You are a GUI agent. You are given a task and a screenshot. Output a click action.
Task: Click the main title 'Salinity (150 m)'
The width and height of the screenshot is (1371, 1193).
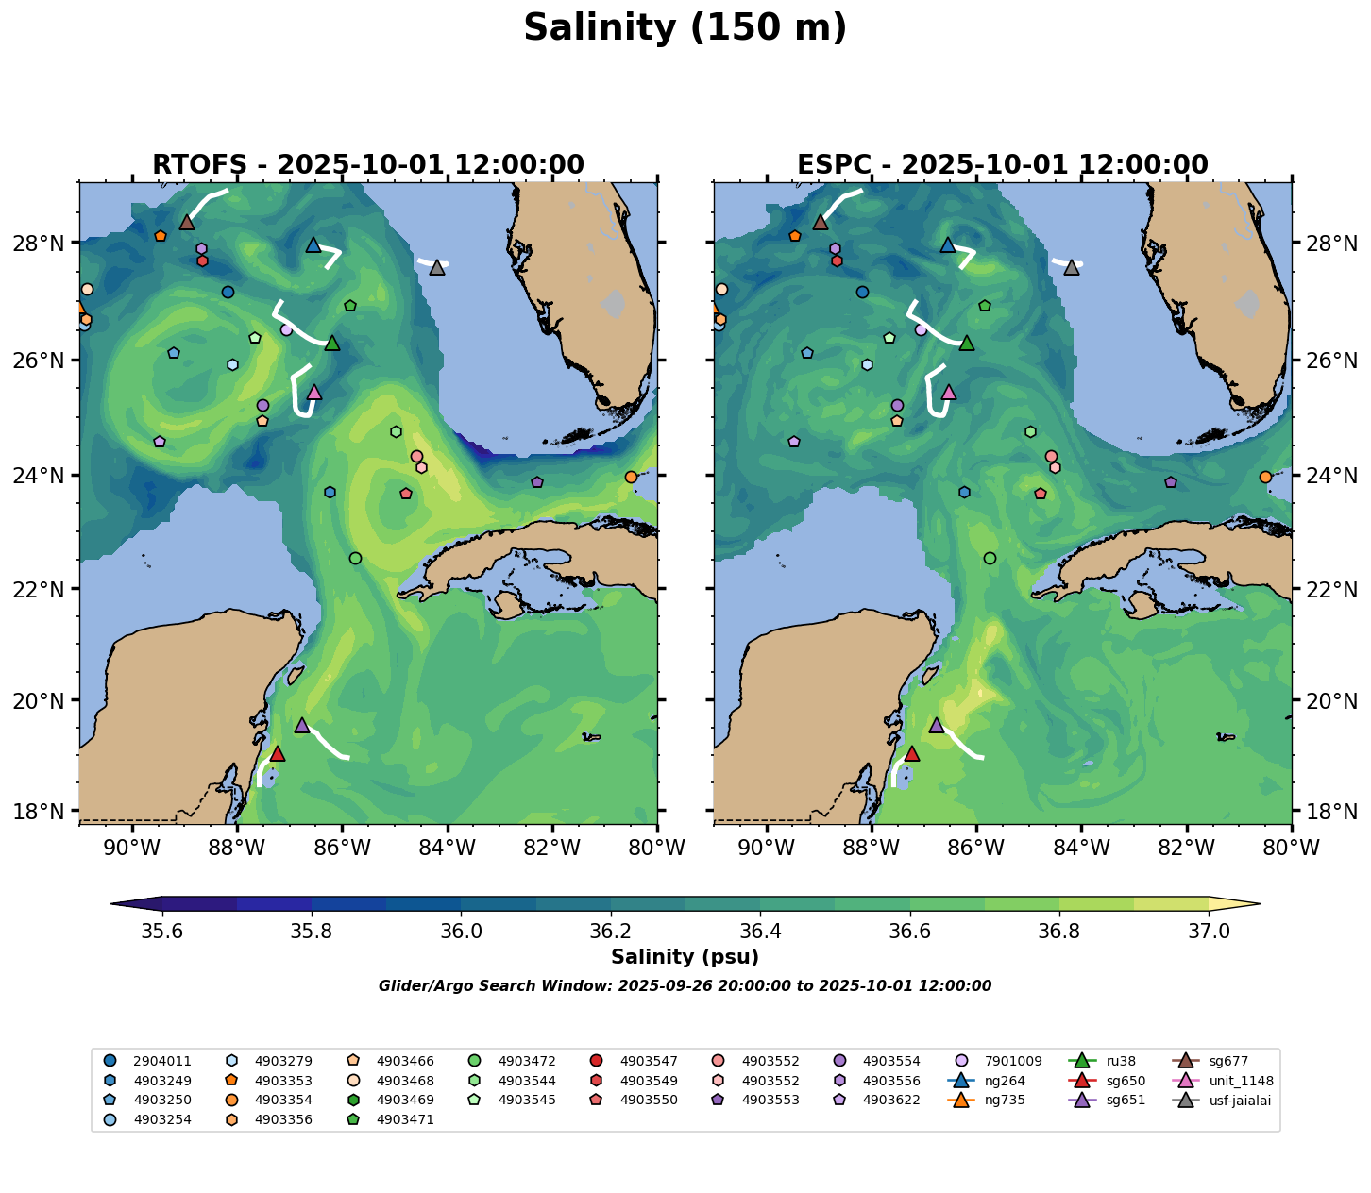click(x=685, y=28)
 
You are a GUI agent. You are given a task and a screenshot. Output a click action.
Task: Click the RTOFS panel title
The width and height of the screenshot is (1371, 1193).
click(x=367, y=165)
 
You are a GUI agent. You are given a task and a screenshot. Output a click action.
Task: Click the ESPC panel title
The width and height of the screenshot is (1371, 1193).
click(x=1002, y=165)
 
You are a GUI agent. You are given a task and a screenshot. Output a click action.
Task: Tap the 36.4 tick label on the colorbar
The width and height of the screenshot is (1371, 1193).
click(x=760, y=932)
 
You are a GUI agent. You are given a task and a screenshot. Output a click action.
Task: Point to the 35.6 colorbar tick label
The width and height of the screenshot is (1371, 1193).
click(x=162, y=932)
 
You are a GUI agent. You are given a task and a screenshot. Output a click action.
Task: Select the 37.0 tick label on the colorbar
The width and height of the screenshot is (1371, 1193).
click(x=1208, y=932)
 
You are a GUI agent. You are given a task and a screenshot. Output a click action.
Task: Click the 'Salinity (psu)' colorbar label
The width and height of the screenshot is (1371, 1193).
click(x=685, y=957)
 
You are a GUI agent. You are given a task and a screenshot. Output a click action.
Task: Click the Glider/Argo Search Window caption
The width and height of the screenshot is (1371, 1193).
click(x=685, y=986)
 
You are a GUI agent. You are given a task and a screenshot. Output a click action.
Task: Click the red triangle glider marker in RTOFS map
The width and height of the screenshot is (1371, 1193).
click(x=277, y=753)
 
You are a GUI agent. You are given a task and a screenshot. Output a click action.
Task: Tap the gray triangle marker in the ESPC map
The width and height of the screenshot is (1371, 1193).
click(x=1071, y=268)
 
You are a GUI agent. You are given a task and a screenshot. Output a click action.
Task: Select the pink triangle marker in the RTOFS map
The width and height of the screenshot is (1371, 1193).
click(x=314, y=393)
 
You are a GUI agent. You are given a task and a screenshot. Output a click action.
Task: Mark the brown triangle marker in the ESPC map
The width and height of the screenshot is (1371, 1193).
click(x=821, y=223)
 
